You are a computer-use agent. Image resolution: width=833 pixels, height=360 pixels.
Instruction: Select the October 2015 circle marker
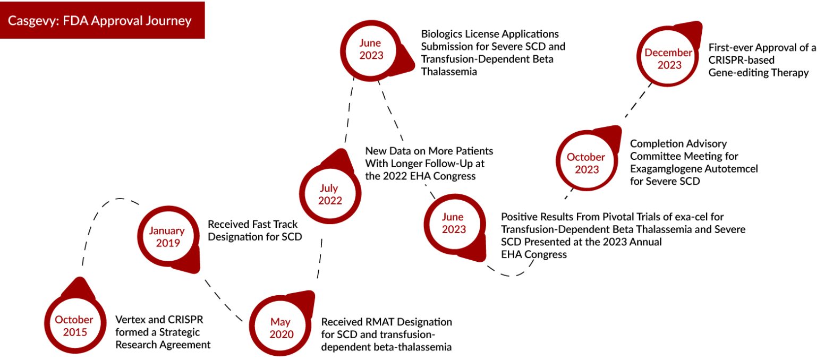point(74,325)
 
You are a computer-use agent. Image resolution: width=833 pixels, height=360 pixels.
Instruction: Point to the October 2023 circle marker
point(585,163)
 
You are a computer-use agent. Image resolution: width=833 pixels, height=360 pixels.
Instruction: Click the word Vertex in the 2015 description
point(129,320)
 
